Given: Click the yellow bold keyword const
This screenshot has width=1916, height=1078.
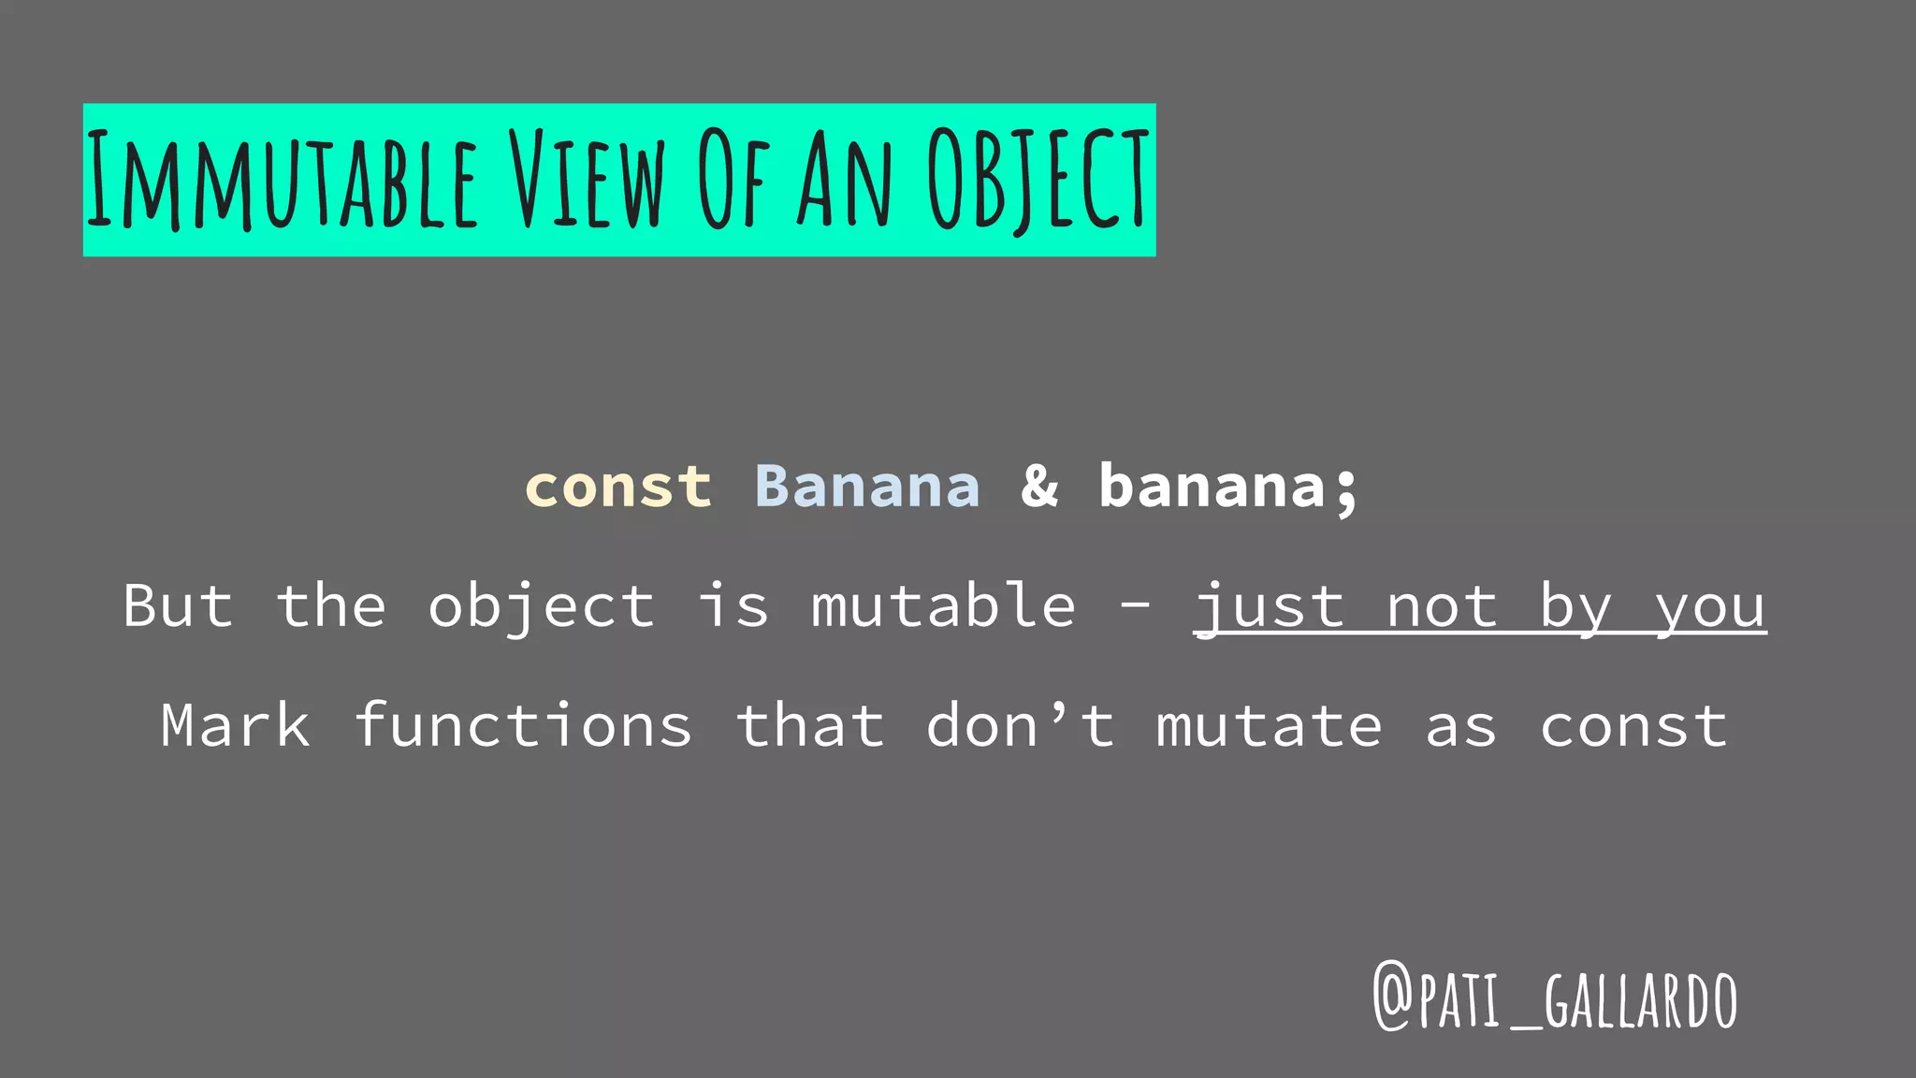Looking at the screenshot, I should (618, 487).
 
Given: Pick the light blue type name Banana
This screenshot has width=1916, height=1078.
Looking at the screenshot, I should (867, 487).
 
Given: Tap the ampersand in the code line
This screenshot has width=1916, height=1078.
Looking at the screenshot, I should (1039, 487).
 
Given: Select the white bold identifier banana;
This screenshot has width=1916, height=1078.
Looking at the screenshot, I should (1228, 487).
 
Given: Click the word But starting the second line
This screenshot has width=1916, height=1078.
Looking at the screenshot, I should (178, 605).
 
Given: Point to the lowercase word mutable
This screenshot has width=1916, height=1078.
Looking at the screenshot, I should (943, 605).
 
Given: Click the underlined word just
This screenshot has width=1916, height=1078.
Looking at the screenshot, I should (1269, 605).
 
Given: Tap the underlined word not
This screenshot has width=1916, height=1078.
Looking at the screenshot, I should (1441, 605).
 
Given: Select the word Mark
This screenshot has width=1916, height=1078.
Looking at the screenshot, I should (235, 725).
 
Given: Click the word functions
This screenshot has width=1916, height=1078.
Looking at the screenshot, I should (523, 725).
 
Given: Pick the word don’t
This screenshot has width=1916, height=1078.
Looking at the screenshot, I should (1021, 725).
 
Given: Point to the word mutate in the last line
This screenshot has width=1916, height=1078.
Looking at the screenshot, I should (1269, 725).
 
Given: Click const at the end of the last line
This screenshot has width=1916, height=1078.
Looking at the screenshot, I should (1633, 725).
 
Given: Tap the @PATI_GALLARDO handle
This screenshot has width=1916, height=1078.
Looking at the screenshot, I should (1555, 999).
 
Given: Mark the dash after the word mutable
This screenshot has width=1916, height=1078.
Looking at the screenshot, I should (1135, 607).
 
